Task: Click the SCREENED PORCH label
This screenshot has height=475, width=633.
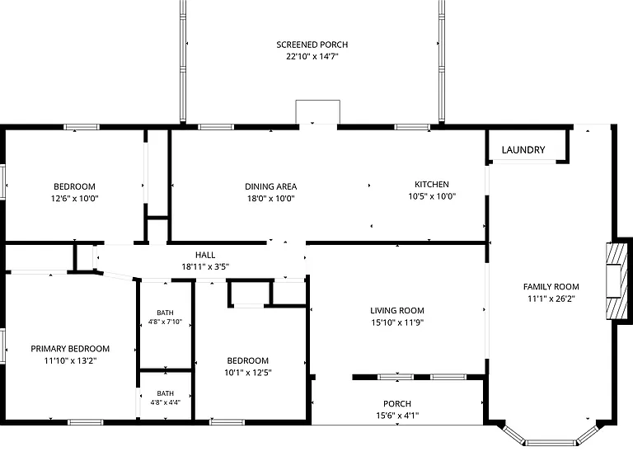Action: coord(312,45)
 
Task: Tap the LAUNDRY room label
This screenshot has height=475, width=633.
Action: coord(523,150)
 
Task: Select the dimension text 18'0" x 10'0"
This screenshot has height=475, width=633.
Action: coord(271,198)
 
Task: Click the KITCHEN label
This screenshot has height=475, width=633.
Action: coord(432,184)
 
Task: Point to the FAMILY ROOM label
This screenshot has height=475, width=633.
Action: coord(551,287)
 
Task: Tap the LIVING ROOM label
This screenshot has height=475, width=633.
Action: coord(397,311)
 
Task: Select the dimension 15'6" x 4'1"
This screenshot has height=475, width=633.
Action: coord(397,416)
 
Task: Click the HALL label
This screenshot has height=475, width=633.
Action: coord(205,255)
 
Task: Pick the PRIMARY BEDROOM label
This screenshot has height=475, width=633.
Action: coord(70,349)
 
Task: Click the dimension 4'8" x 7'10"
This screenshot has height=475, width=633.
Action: coord(165,322)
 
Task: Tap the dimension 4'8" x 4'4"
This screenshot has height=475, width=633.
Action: coord(165,402)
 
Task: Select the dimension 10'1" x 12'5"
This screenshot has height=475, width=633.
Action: coord(248,373)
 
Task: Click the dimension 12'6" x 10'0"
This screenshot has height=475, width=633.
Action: coord(75,198)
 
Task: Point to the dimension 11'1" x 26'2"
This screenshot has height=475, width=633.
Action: coord(551,299)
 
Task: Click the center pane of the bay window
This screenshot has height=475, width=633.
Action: coord(551,443)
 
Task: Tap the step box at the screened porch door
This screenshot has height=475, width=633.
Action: coord(317,111)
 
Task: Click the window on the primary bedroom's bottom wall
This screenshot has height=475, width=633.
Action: coord(85,422)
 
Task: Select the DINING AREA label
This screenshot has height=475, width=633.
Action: coord(271,186)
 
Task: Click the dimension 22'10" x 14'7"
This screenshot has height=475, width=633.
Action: coord(312,56)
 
